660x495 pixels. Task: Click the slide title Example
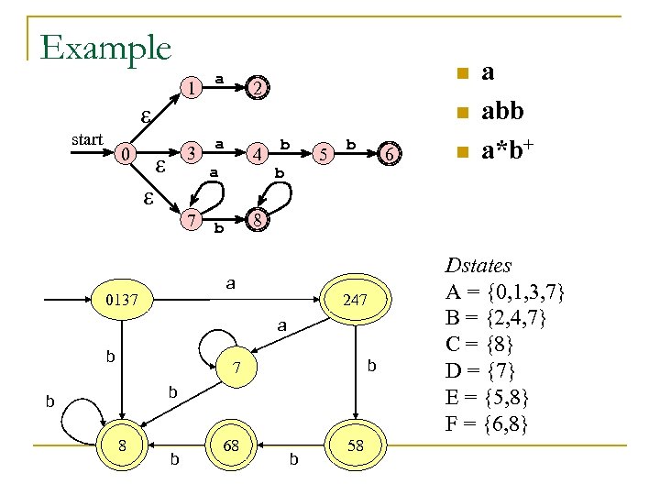pyautogui.click(x=105, y=47)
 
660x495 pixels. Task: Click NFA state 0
pyautogui.click(x=126, y=153)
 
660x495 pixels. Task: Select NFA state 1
pyautogui.click(x=190, y=88)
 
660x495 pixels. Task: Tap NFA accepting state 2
pyautogui.click(x=258, y=88)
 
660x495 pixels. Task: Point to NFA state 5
pyautogui.click(x=323, y=154)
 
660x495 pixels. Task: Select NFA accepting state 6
pyautogui.click(x=390, y=155)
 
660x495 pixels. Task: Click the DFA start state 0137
pyautogui.click(x=122, y=299)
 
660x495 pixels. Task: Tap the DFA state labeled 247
pyautogui.click(x=355, y=299)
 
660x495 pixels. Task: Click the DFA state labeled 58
pyautogui.click(x=355, y=445)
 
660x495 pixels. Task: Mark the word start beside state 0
pyautogui.click(x=87, y=140)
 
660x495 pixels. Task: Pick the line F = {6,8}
pyautogui.click(x=487, y=425)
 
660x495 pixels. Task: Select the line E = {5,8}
pyautogui.click(x=488, y=399)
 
